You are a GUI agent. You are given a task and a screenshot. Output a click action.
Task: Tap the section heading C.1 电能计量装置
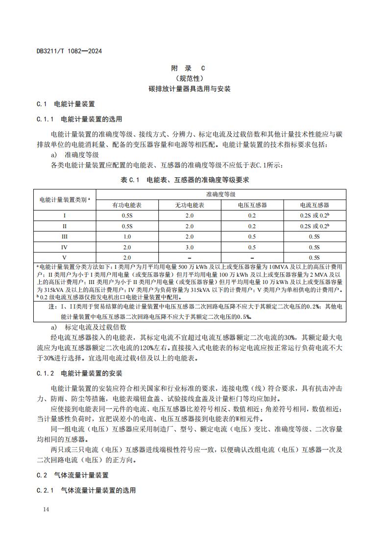click(66, 104)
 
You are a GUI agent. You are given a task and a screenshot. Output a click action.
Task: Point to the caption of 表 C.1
click(185, 180)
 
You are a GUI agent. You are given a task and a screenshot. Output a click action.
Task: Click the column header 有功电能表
click(127, 205)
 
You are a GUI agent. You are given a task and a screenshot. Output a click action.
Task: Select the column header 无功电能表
click(190, 205)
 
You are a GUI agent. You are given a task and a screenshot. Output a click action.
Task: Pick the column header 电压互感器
click(252, 205)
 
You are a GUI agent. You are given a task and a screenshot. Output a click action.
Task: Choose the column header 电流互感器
click(314, 205)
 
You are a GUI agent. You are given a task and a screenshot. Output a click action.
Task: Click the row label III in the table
click(65, 237)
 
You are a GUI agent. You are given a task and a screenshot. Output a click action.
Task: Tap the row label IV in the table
click(65, 247)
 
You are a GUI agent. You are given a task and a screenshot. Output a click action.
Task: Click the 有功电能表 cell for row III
click(127, 237)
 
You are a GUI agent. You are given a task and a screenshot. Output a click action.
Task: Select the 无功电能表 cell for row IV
click(190, 247)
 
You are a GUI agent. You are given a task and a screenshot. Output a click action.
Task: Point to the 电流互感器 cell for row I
click(314, 215)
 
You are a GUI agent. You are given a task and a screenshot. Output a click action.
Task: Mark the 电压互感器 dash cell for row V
click(252, 258)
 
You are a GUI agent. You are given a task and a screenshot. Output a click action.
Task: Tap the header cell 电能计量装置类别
click(65, 199)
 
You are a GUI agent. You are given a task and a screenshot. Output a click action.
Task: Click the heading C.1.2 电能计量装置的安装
click(79, 374)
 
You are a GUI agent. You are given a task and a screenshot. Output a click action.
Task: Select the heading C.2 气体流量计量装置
click(73, 475)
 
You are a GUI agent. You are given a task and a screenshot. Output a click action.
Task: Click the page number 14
click(46, 510)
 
